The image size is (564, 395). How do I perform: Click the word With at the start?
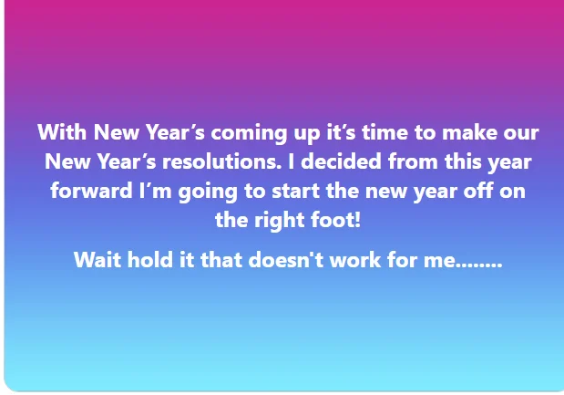62,131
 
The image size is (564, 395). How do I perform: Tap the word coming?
249,134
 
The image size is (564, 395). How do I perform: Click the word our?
521,134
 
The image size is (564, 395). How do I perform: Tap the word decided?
341,161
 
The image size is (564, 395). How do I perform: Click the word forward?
91,191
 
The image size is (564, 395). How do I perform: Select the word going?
208,192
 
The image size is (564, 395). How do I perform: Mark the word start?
296,192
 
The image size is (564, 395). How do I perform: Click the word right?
279,222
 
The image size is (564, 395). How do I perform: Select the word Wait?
97,260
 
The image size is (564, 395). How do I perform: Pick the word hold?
150,259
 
